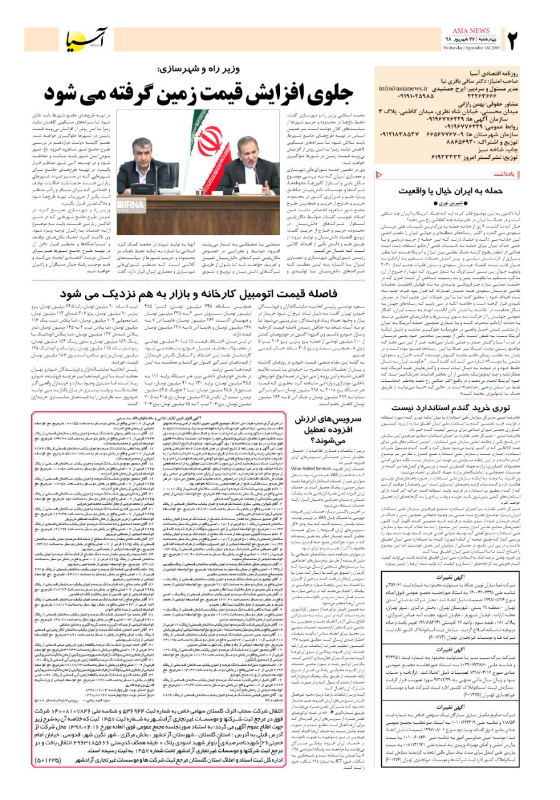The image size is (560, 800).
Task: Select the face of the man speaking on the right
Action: click(x=237, y=151)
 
